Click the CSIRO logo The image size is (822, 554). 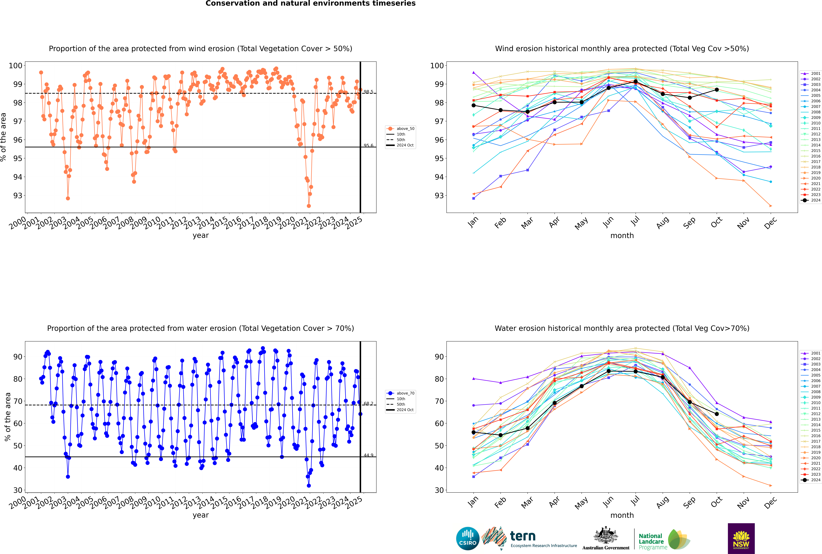(x=468, y=538)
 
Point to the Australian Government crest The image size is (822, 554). (x=606, y=535)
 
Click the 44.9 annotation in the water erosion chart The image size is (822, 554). (x=368, y=455)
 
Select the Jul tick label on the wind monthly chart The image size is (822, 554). (x=635, y=221)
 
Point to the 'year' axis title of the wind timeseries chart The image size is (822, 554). (x=200, y=235)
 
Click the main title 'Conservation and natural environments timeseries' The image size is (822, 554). (x=310, y=4)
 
